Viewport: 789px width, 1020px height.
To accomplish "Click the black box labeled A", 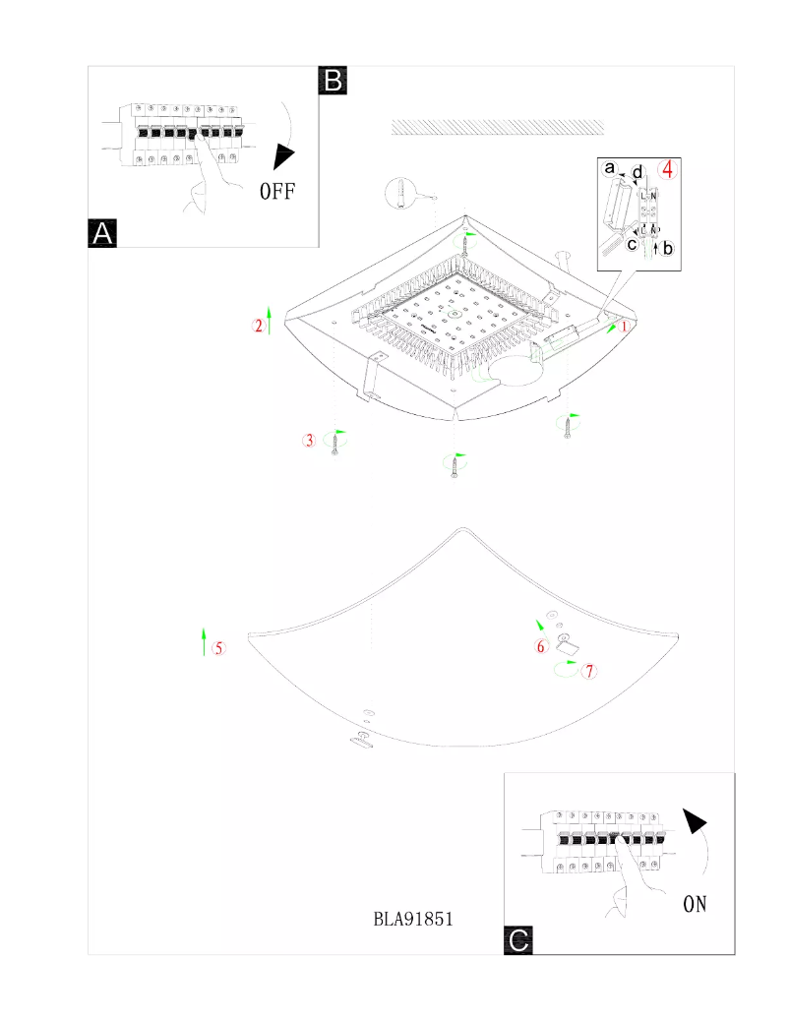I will pyautogui.click(x=103, y=232).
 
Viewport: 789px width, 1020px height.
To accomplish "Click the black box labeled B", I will pyautogui.click(x=333, y=80).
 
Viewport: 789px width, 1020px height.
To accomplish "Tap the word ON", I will pyautogui.click(x=695, y=903).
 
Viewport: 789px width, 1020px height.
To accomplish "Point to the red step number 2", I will pyautogui.click(x=259, y=326).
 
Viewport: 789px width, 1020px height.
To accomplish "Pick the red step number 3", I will pyautogui.click(x=309, y=441).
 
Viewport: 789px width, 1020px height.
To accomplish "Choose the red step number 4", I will pyautogui.click(x=668, y=168).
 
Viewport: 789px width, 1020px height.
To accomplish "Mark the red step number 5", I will pyautogui.click(x=218, y=647).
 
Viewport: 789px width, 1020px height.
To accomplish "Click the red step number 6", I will pyautogui.click(x=540, y=646).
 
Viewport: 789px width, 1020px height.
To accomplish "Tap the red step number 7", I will pyautogui.click(x=589, y=672).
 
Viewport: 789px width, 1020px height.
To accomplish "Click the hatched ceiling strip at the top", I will pyautogui.click(x=497, y=127).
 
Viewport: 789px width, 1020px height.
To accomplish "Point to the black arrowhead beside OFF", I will pyautogui.click(x=284, y=155).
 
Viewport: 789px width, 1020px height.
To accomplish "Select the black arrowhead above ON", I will pyautogui.click(x=696, y=822).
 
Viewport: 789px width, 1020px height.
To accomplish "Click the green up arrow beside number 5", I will pyautogui.click(x=204, y=640).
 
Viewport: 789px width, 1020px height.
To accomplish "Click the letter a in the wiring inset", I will pyautogui.click(x=609, y=169).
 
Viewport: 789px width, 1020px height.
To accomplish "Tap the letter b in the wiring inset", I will pyautogui.click(x=668, y=248).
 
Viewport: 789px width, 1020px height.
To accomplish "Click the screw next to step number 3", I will pyautogui.click(x=335, y=446).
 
